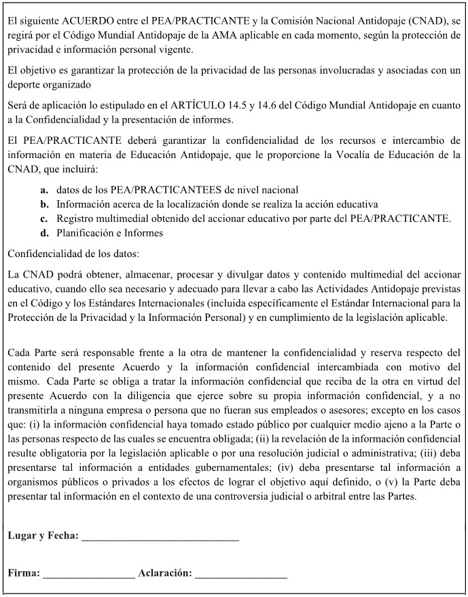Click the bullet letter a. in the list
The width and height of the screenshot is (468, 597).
pyautogui.click(x=44, y=190)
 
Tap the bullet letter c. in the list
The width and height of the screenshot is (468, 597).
pyautogui.click(x=44, y=218)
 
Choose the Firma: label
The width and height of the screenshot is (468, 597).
pyautogui.click(x=24, y=573)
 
